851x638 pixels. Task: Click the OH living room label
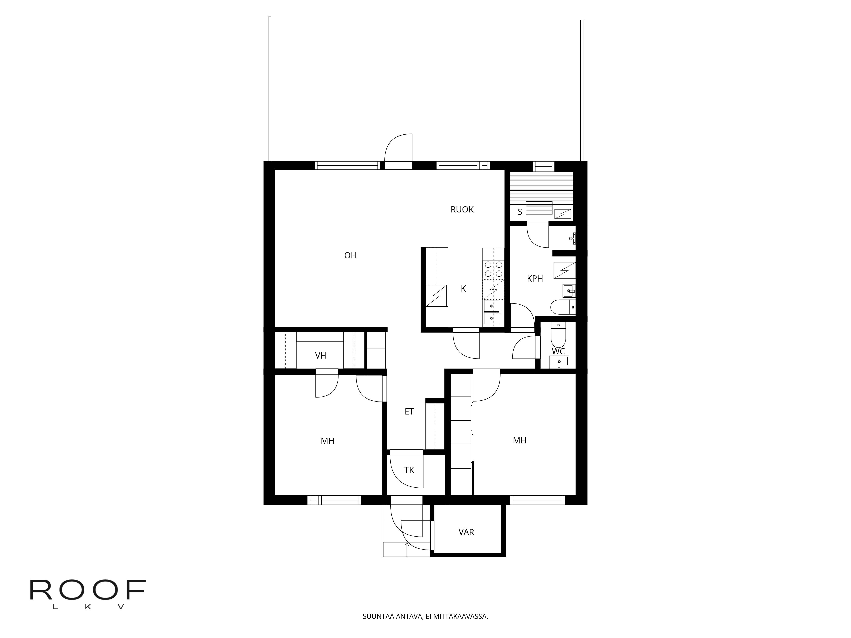pos(350,255)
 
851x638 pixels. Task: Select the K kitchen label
pos(463,289)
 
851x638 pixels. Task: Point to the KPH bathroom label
pos(535,279)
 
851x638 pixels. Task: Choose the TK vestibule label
pos(409,470)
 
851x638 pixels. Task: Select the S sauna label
pos(520,212)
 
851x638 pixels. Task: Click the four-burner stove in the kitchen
pos(493,269)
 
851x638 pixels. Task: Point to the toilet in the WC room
pos(558,335)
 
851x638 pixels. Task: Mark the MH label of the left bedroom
pos(327,441)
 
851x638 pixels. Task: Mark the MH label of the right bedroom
pos(519,441)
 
